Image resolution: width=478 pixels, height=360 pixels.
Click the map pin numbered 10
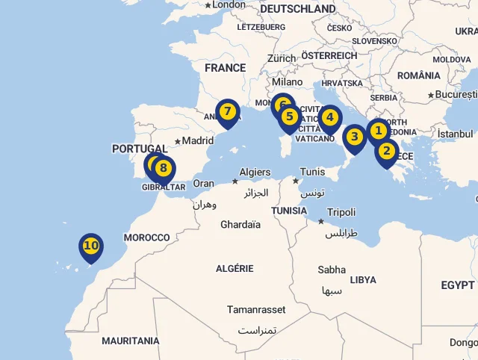(91, 246)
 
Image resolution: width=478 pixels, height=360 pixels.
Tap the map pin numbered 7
(228, 113)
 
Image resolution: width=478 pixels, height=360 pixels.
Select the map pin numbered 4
(329, 118)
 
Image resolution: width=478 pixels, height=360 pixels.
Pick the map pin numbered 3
(355, 137)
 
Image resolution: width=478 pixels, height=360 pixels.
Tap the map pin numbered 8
(164, 169)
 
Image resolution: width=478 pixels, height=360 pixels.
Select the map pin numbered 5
(290, 117)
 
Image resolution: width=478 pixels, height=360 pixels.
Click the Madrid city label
(197, 140)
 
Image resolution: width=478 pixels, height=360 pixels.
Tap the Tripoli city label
(341, 212)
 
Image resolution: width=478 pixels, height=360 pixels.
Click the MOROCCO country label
(147, 238)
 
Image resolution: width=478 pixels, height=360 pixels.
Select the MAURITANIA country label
(131, 341)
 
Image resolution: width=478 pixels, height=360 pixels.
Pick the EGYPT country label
(457, 285)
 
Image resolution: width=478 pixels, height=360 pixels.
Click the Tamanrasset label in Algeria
(257, 309)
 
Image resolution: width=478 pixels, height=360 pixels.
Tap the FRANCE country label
(225, 68)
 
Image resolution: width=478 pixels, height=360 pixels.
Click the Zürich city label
(282, 58)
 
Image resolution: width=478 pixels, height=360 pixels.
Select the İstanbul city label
(456, 134)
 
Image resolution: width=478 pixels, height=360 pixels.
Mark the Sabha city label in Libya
(332, 270)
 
